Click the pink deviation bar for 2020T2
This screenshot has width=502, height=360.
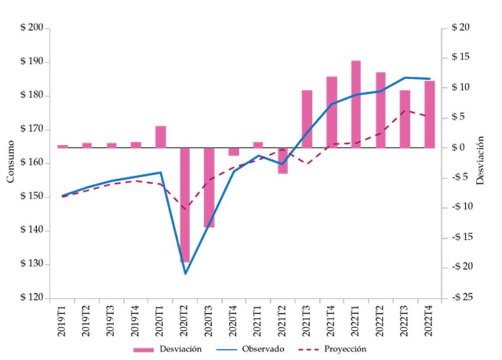[x=185, y=205]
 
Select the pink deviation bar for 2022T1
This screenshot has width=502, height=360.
[x=356, y=104]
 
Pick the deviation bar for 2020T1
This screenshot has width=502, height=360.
[x=161, y=137]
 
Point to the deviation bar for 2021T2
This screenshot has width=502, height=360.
[x=283, y=161]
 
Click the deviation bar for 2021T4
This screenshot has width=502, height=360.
[x=332, y=112]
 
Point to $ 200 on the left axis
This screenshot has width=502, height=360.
[x=33, y=28]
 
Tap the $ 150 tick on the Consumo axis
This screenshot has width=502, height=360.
[x=33, y=197]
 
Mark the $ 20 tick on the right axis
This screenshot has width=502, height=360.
[x=459, y=28]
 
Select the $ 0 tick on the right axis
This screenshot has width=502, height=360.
[x=459, y=148]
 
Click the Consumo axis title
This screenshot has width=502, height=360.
[x=10, y=163]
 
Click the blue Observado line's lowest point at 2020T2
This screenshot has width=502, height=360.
[x=185, y=274]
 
